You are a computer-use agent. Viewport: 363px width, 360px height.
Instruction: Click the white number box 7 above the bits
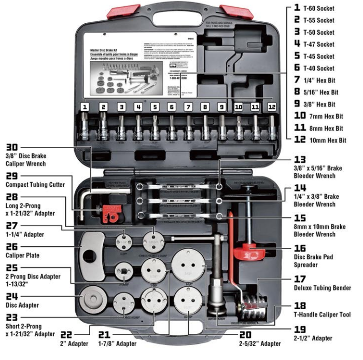tap(188, 107)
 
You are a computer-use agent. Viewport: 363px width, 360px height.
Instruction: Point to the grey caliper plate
tap(95, 256)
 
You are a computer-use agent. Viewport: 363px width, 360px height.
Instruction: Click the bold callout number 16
tap(300, 247)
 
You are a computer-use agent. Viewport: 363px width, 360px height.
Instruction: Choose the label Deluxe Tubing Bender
tap(322, 288)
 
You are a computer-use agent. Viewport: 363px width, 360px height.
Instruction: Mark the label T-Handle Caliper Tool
tap(322, 314)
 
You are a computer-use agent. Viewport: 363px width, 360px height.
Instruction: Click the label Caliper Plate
tap(23, 256)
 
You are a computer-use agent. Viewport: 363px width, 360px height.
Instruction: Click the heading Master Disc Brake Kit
tap(102, 51)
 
